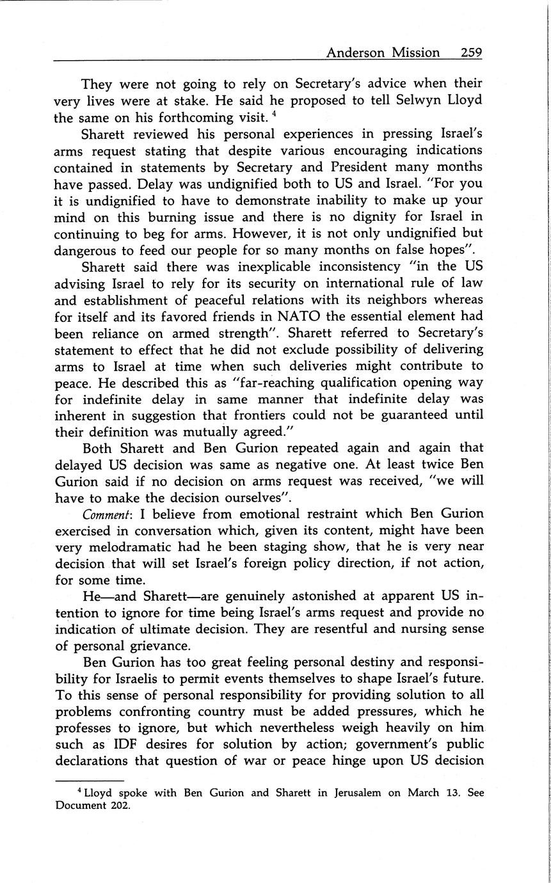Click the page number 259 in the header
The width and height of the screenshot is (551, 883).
tap(471, 52)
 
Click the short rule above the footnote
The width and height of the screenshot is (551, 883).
tap(89, 781)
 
